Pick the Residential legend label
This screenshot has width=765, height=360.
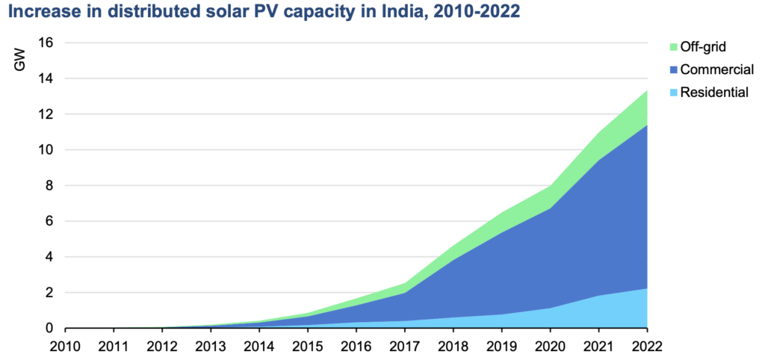713,93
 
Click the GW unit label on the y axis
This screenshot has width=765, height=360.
20,63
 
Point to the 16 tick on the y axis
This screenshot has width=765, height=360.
46,43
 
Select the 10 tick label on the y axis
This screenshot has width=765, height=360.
46,149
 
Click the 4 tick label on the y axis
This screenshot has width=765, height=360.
50,257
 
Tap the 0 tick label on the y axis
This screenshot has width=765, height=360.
50,328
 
